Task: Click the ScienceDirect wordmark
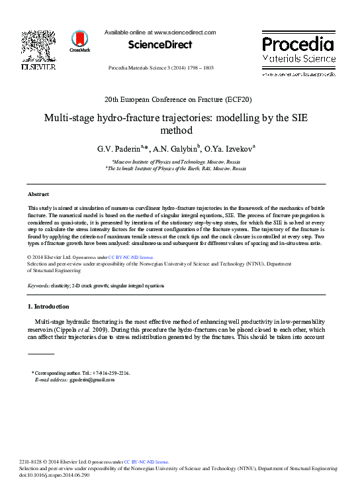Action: click(x=160, y=45)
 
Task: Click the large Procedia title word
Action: click(x=298, y=45)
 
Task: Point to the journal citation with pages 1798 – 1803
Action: click(x=161, y=68)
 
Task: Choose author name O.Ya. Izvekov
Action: click(x=225, y=149)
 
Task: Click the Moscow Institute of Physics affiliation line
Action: click(x=175, y=162)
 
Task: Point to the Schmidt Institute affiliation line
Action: click(x=175, y=169)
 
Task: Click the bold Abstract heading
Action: click(x=38, y=194)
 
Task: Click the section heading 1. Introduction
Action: click(x=48, y=307)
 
